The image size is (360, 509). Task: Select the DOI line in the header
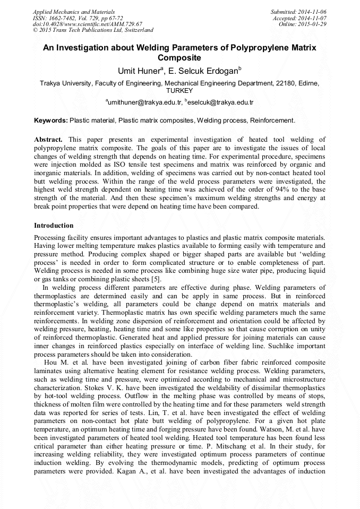point(88,24)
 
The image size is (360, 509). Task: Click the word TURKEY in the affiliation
point(180,90)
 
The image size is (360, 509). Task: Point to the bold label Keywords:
point(50,120)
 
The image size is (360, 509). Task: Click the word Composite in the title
point(180,57)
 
